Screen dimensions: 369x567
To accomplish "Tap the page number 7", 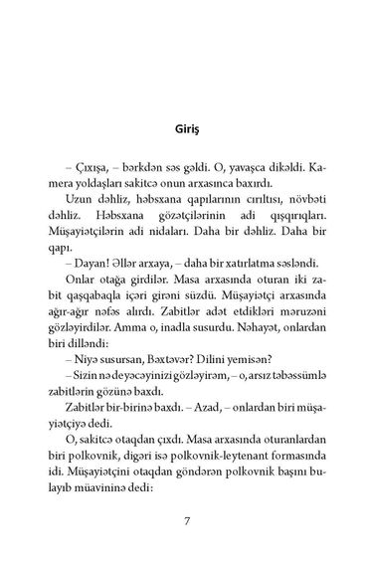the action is coord(186,519).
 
